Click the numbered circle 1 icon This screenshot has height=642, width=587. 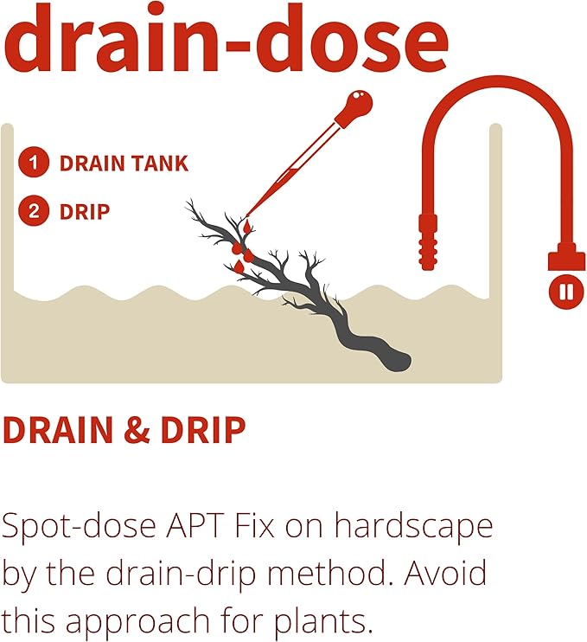[x=34, y=163]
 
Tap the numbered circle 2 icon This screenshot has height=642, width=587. [x=34, y=211]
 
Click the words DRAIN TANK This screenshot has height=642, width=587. [x=123, y=163]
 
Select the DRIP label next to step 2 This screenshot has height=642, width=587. [x=84, y=211]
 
